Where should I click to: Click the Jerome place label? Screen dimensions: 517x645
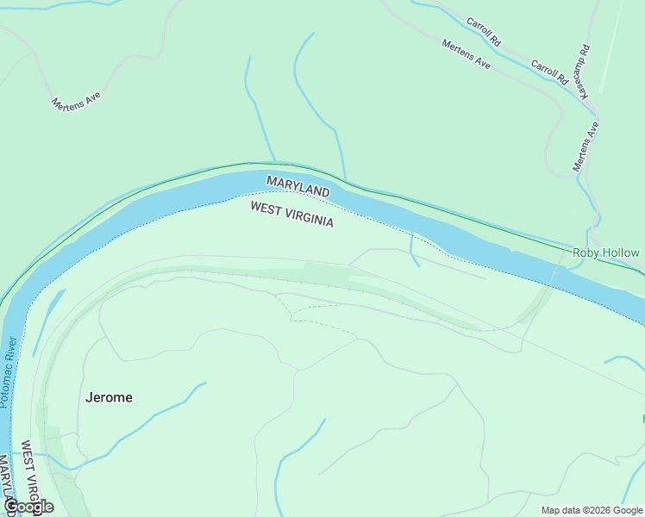pyautogui.click(x=110, y=397)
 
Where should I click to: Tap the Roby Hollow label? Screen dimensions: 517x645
pyautogui.click(x=606, y=253)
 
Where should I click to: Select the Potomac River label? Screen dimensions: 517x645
pyautogui.click(x=9, y=371)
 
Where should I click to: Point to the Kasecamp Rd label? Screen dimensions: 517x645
pyautogui.click(x=584, y=71)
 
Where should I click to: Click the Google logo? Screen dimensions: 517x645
pyautogui.click(x=28, y=507)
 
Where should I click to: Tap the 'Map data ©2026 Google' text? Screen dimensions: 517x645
pyautogui.click(x=592, y=510)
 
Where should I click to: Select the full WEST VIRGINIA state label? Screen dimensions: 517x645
pyautogui.click(x=291, y=215)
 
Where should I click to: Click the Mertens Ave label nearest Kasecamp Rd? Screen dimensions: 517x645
pyautogui.click(x=586, y=145)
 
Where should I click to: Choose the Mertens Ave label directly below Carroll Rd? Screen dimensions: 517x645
pyautogui.click(x=466, y=54)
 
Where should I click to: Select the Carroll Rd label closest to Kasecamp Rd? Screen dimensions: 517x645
pyautogui.click(x=549, y=72)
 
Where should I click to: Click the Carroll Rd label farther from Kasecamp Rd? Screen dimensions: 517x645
pyautogui.click(x=483, y=31)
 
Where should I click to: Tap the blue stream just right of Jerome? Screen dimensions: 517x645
pyautogui.click(x=172, y=405)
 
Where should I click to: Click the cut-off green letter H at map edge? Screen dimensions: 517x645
pyautogui.click(x=642, y=419)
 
